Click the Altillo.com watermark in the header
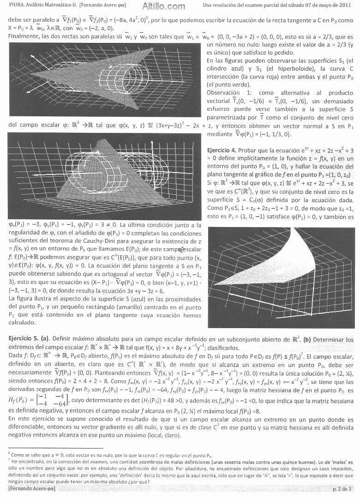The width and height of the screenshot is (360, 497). [155, 6]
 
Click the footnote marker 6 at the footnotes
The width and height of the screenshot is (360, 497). [10, 455]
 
